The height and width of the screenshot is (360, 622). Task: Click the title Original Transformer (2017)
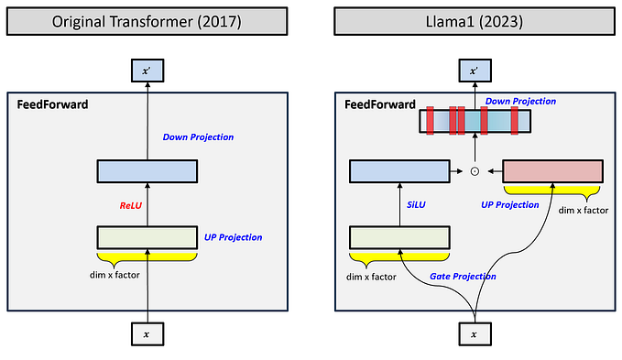(147, 21)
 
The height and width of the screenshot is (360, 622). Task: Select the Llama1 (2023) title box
(474, 21)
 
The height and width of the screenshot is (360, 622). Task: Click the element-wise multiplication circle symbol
(475, 170)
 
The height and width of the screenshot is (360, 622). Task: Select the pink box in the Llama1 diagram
(552, 170)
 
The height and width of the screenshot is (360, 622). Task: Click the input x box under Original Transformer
(147, 334)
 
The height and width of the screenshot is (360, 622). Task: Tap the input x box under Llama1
(475, 334)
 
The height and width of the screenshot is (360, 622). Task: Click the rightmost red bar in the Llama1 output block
(515, 121)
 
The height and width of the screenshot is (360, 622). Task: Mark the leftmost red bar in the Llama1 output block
(430, 121)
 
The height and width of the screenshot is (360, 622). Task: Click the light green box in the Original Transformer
(147, 236)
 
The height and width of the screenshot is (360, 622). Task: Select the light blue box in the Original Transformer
(147, 170)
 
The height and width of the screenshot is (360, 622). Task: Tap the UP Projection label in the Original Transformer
(233, 237)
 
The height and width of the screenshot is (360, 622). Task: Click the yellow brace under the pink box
(552, 191)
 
